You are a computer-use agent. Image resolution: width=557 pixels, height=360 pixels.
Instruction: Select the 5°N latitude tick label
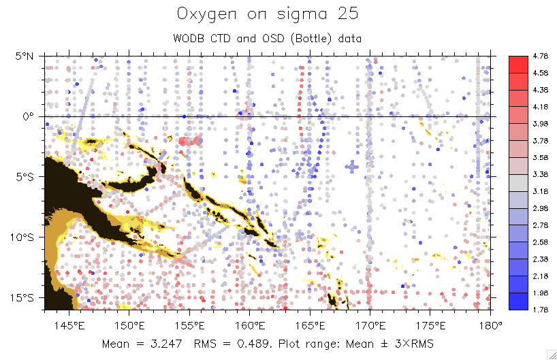[x=27, y=56]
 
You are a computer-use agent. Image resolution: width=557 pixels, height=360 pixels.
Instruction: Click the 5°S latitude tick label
[x=27, y=177]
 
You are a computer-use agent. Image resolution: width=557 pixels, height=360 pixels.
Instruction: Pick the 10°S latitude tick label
[x=24, y=238]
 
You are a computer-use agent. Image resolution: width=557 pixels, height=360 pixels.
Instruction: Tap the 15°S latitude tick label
[x=24, y=298]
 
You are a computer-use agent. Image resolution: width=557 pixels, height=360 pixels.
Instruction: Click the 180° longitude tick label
[x=490, y=325]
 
